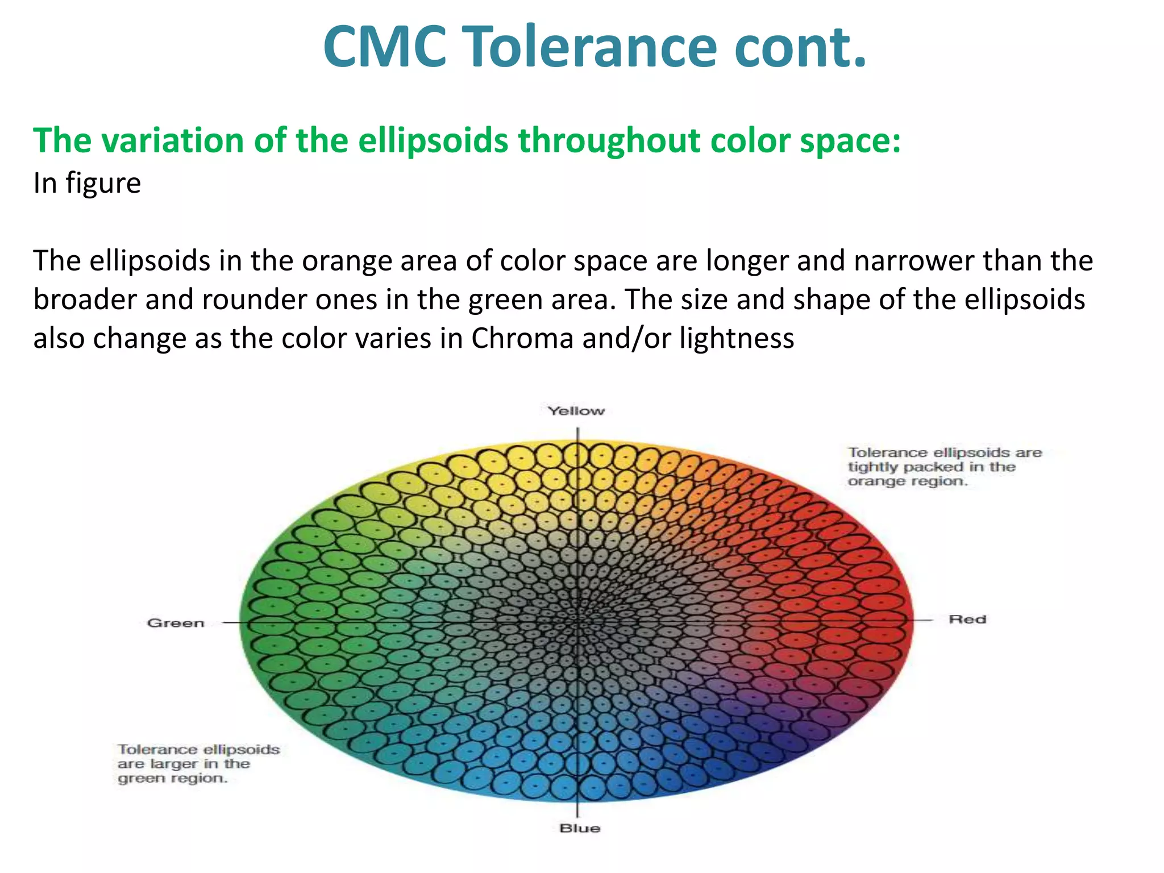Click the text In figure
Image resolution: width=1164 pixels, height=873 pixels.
pyautogui.click(x=87, y=183)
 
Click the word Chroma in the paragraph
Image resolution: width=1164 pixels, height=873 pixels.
pyautogui.click(x=522, y=338)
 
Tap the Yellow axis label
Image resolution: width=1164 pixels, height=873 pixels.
pyautogui.click(x=576, y=411)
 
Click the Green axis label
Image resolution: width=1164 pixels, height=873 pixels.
pyautogui.click(x=176, y=623)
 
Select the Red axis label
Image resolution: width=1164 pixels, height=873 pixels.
pyautogui.click(x=967, y=619)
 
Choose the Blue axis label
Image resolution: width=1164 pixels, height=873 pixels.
pyautogui.click(x=579, y=828)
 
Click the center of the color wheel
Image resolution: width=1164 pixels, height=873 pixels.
pyautogui.click(x=577, y=621)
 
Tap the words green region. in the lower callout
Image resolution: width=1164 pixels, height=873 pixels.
pyautogui.click(x=173, y=778)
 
